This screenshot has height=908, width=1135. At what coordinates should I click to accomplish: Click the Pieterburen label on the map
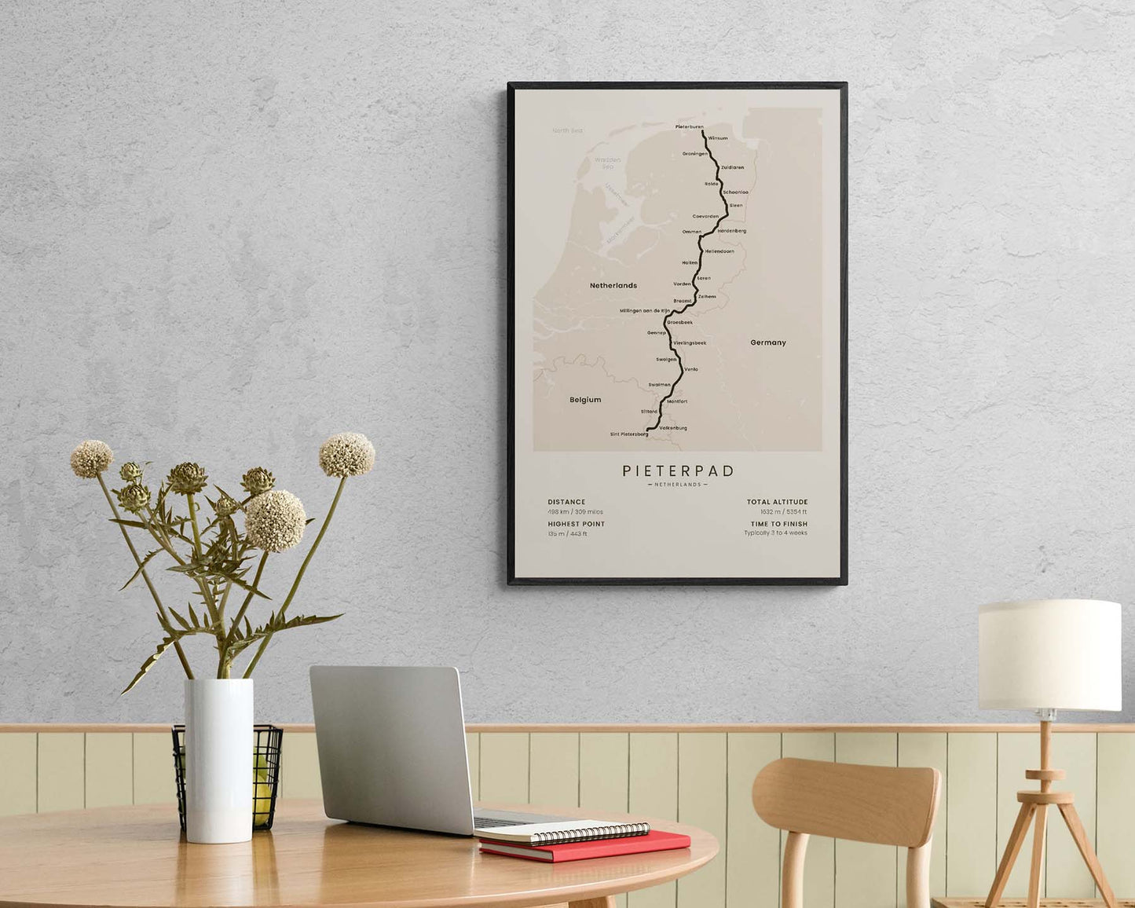point(689,126)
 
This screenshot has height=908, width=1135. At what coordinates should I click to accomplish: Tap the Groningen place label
point(694,154)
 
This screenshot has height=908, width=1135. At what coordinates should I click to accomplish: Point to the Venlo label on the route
point(691,369)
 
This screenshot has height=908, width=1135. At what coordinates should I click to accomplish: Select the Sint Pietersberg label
point(629,434)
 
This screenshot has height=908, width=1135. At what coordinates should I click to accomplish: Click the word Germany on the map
point(767,342)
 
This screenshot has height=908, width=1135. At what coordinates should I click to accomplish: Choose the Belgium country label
point(585,400)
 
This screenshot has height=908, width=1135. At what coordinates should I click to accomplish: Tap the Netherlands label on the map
point(613,286)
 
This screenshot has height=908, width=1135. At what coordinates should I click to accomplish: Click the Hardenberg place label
point(731,231)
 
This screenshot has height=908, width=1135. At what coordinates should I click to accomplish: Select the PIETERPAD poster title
point(678,470)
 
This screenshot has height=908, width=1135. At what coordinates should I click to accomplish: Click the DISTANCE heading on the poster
point(566,502)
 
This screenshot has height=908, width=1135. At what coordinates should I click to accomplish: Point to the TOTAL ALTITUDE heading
point(777,502)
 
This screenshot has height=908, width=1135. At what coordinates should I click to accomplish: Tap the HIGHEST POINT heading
point(577,524)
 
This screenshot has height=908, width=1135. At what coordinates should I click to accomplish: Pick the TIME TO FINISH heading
point(778,524)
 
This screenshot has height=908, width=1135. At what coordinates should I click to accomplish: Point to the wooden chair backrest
point(845,802)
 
